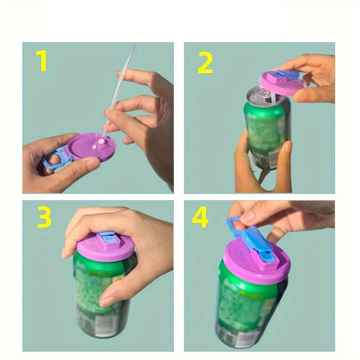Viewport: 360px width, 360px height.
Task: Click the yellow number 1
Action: [42, 61]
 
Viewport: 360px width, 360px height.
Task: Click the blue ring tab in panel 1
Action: [53, 161]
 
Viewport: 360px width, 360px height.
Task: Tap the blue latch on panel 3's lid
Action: [107, 240]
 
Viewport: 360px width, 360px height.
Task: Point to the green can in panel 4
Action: [248, 310]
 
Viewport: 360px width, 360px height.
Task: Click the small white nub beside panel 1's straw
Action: [94, 147]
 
